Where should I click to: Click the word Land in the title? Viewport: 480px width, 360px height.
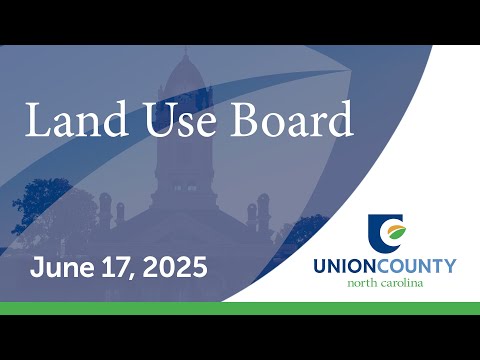(76, 119)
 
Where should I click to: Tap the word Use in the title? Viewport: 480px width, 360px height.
(179, 120)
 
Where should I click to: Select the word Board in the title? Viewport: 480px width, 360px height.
(292, 119)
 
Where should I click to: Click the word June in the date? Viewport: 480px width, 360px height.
(62, 267)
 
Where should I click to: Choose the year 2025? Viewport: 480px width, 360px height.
(175, 267)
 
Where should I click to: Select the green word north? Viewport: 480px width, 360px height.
(362, 284)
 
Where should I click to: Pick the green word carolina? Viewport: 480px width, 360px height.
(402, 283)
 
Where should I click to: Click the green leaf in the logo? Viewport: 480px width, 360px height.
(398, 232)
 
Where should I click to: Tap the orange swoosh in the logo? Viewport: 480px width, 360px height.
(394, 228)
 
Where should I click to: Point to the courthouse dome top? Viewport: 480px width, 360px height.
(185, 72)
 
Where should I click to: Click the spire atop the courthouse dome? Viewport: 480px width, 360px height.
(186, 51)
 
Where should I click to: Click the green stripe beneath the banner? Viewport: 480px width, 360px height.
(240, 308)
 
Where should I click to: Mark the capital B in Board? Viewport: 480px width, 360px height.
(246, 119)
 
